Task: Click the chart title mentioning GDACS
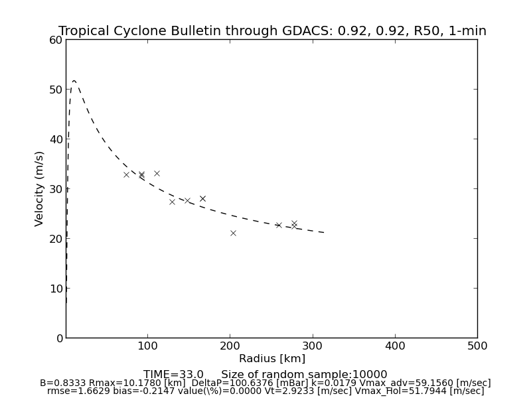click(x=272, y=31)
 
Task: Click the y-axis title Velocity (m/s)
click(x=40, y=188)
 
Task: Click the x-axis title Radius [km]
click(x=272, y=359)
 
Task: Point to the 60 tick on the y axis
click(x=56, y=40)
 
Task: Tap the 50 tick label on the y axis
click(x=56, y=90)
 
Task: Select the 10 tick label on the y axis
click(x=56, y=289)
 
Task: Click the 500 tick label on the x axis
click(x=477, y=346)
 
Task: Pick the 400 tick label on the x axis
click(x=395, y=346)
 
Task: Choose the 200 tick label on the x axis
click(x=230, y=346)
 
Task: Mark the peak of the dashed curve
click(x=74, y=81)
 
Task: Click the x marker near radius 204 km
click(x=233, y=233)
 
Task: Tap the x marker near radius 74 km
click(x=126, y=174)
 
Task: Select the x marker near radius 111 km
click(x=157, y=173)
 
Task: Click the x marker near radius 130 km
click(x=172, y=202)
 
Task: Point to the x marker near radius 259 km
click(x=279, y=225)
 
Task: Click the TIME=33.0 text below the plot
click(x=173, y=375)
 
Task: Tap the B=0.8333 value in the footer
click(x=63, y=383)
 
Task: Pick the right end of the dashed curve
click(x=324, y=233)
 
